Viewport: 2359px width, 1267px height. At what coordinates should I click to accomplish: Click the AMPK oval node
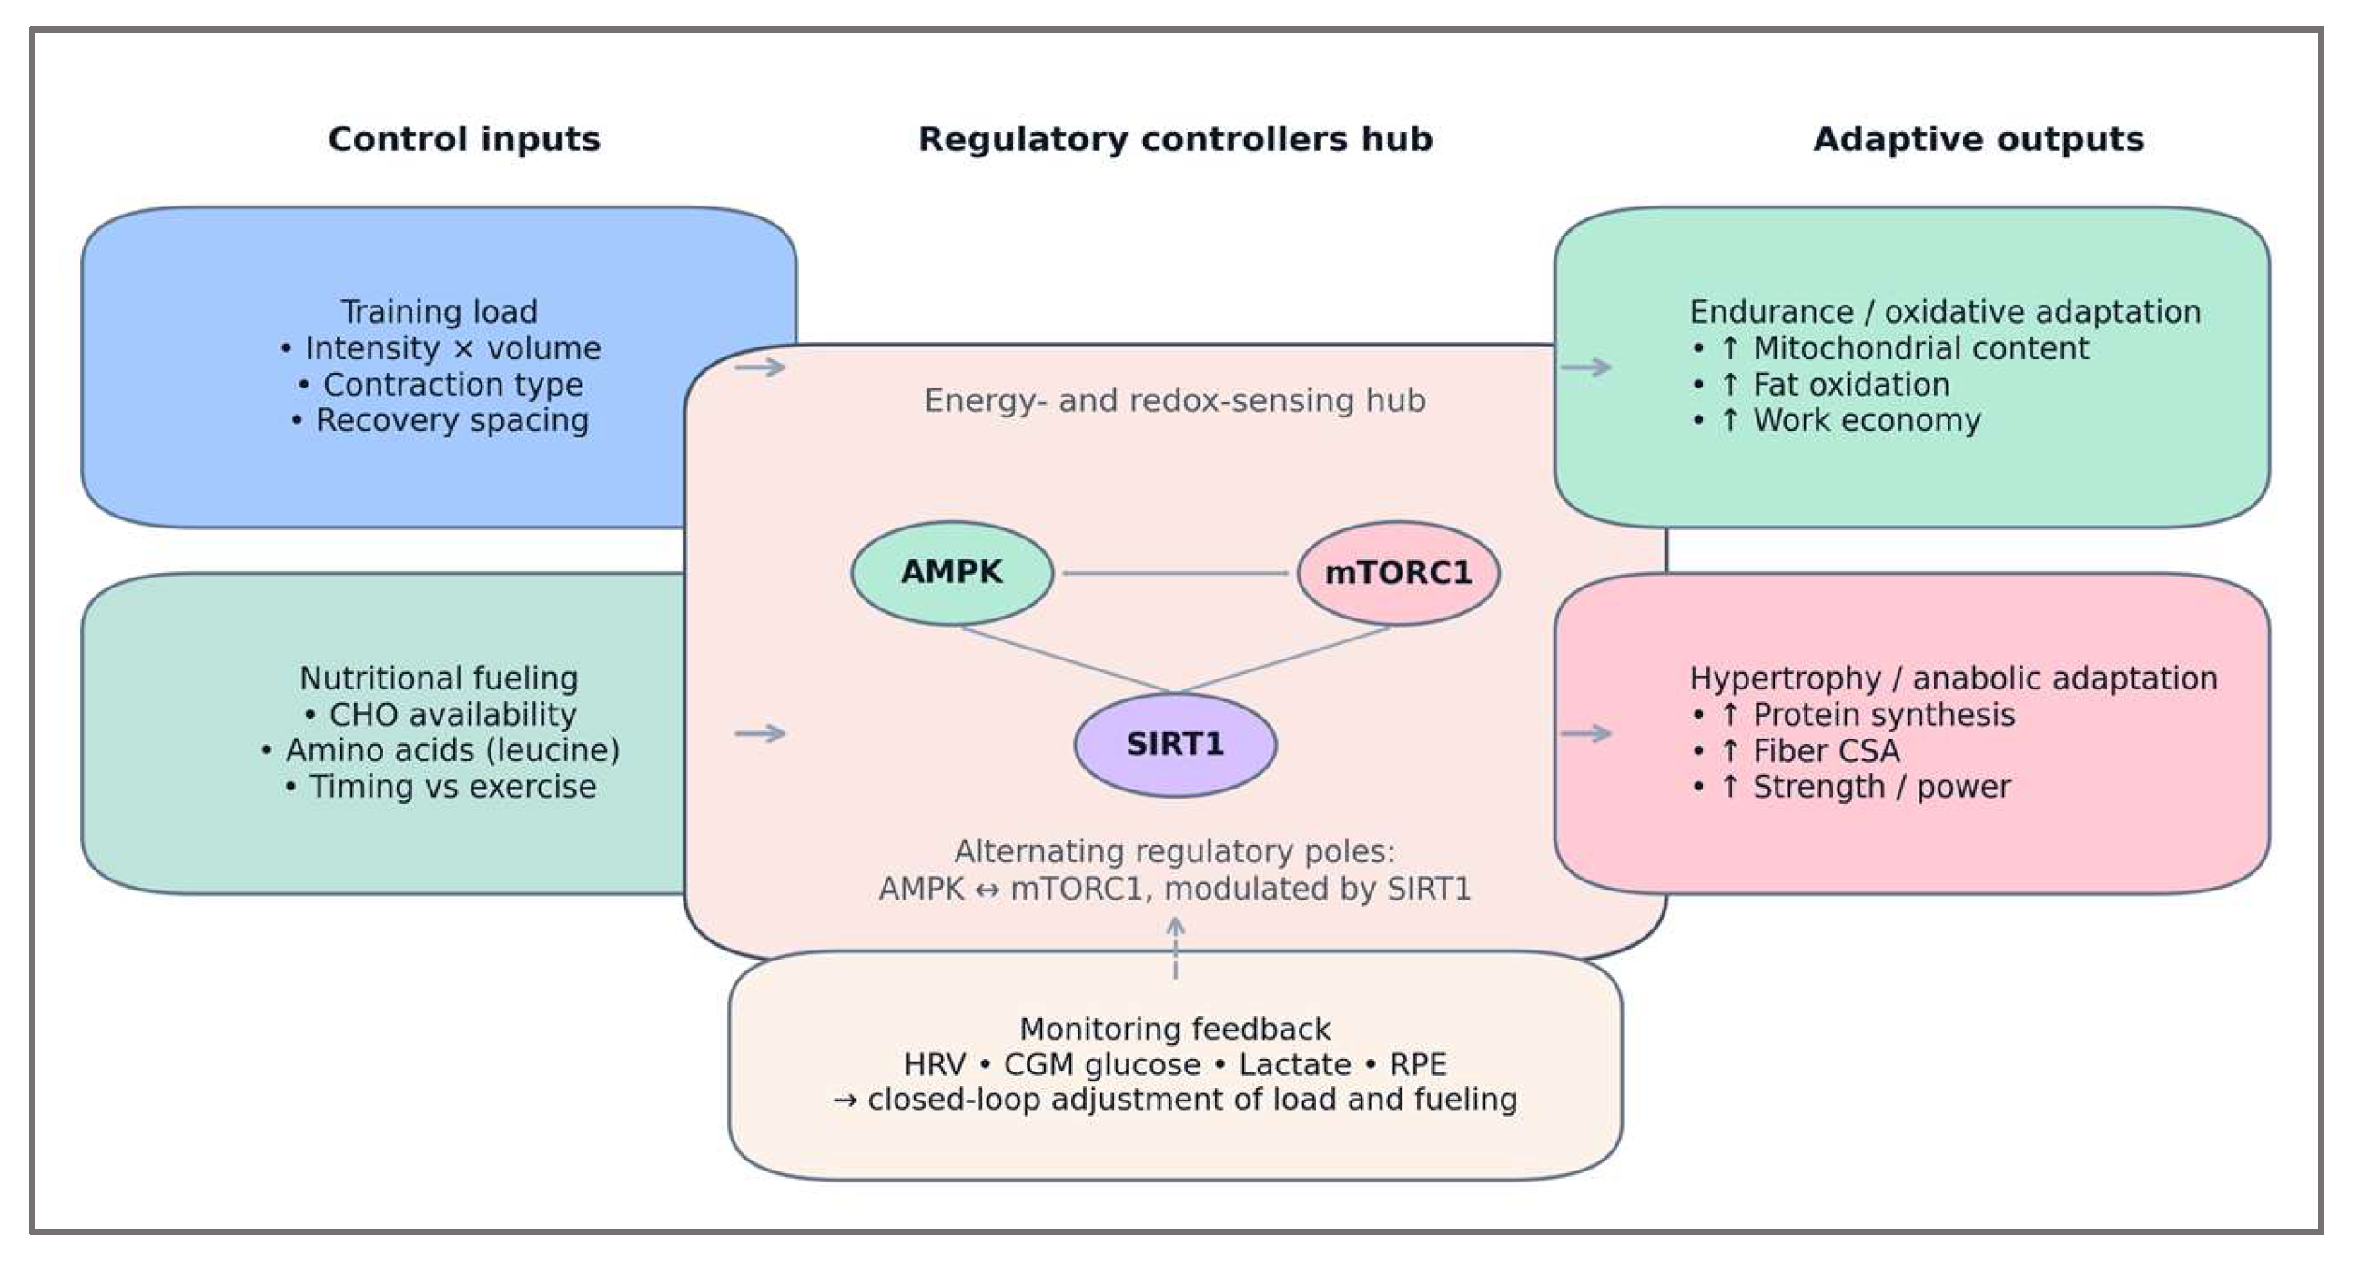point(951,573)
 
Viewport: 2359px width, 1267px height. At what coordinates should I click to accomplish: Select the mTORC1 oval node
point(1398,573)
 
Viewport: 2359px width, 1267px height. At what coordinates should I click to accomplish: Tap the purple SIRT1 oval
point(1175,744)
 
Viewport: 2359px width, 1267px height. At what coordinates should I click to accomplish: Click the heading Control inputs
point(464,139)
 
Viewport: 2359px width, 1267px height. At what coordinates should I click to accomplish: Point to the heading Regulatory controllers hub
point(1175,139)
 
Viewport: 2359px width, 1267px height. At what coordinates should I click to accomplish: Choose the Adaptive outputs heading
point(1978,139)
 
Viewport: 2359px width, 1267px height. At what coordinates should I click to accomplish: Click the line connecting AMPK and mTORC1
point(1175,573)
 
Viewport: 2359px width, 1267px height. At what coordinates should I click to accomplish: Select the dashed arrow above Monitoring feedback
point(1175,949)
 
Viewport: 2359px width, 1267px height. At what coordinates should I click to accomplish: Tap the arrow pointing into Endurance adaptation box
point(1586,367)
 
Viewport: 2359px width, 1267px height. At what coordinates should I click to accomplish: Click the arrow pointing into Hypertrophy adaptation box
point(1586,733)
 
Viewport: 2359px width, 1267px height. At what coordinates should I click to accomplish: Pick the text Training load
point(440,312)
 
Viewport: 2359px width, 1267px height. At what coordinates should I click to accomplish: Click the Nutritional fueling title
point(439,679)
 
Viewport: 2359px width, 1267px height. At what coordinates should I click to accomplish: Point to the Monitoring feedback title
point(1175,1029)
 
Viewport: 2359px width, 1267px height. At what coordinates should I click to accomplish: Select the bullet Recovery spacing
point(440,421)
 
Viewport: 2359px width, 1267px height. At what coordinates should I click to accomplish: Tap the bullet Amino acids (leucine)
point(440,750)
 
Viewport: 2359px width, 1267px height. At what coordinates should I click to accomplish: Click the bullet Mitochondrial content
point(1891,348)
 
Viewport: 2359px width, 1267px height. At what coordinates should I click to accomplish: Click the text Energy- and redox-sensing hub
point(1175,401)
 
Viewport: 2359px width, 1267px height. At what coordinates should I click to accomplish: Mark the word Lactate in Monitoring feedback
point(1295,1065)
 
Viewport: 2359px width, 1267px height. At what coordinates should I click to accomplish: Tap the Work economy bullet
point(1837,421)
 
